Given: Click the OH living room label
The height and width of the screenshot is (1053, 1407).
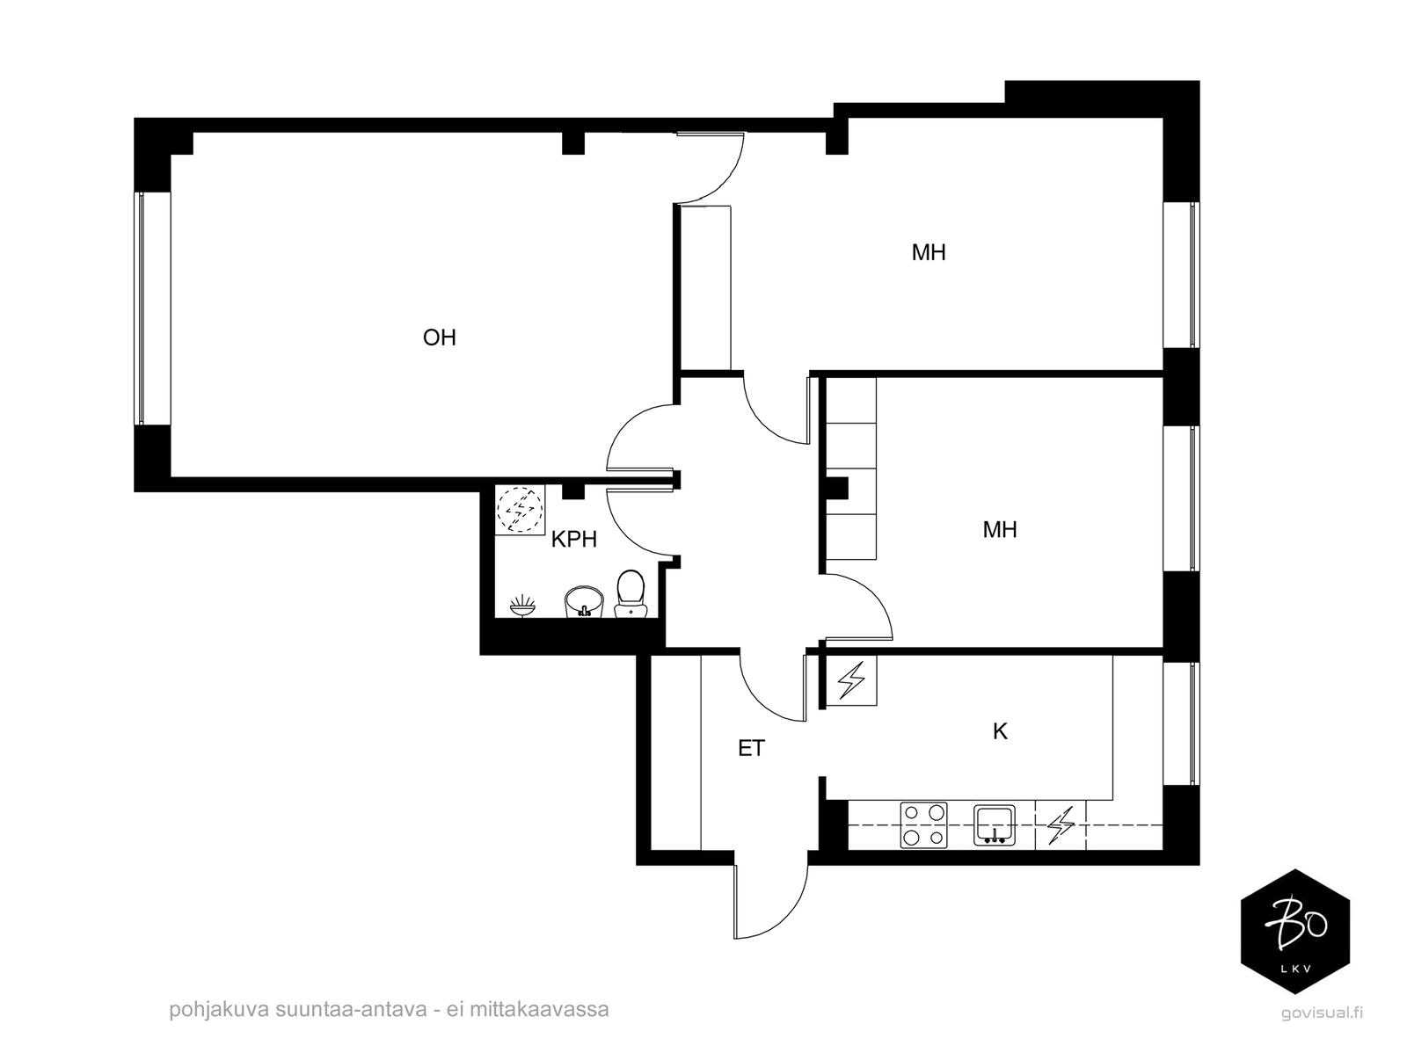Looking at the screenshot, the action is tap(439, 338).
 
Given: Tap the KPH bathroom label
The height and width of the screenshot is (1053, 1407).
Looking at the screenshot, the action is tap(573, 540).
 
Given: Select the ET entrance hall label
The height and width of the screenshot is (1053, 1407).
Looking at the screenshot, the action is tap(751, 748).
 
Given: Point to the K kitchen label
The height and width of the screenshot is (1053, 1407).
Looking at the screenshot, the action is tap(1000, 730).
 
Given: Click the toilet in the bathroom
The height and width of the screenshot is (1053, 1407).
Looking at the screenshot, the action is tap(631, 594).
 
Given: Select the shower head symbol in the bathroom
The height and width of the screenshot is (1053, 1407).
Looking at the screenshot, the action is tap(521, 606).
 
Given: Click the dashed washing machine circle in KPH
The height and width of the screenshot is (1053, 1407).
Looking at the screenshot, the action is tap(519, 509).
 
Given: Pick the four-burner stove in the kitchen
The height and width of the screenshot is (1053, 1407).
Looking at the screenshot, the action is tap(923, 825).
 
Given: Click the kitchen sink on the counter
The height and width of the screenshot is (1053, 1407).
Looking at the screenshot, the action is tap(995, 825).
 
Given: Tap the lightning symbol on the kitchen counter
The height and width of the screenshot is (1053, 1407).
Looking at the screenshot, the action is tap(1061, 825).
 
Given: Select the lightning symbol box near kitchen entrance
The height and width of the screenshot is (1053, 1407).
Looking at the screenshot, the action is tap(851, 680).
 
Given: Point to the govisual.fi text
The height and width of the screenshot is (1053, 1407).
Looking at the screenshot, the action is tap(1322, 1013).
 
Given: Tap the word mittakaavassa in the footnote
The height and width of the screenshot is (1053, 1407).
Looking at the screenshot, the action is tap(539, 1010).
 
